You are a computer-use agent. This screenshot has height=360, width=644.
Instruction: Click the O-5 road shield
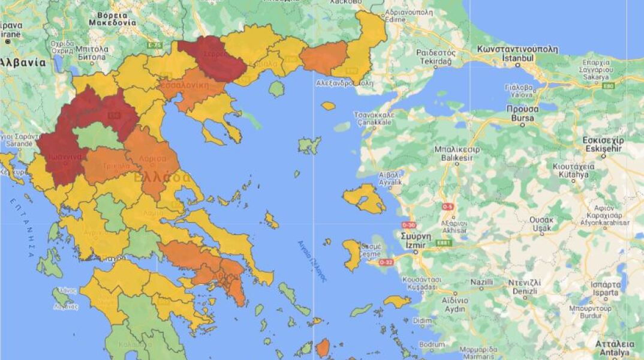click(448, 207)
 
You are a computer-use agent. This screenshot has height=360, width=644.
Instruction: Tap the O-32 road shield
click(386, 262)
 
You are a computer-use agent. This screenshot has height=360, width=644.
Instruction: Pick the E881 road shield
click(444, 242)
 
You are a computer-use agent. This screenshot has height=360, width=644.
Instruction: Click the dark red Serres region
click(213, 58)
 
